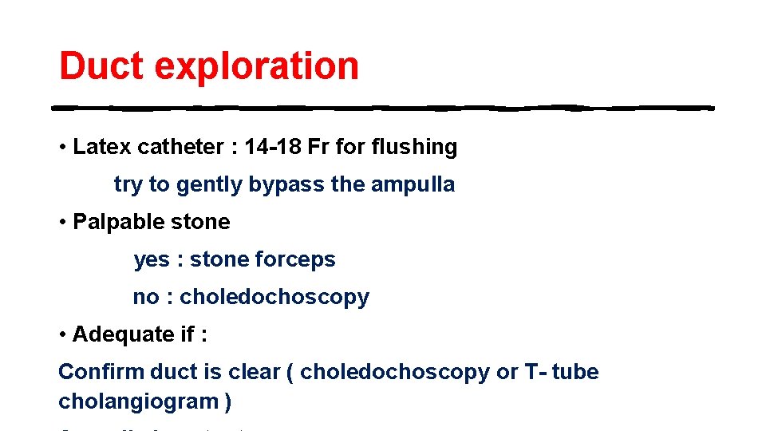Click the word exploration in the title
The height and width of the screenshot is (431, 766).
tap(256, 67)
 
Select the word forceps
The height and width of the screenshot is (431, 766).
tap(295, 259)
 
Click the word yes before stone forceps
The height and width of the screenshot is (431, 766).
tap(152, 260)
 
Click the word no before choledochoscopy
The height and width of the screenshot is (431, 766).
tap(146, 297)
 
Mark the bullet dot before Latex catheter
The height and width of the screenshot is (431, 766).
tap(62, 148)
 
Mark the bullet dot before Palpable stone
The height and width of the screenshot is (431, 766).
tap(62, 222)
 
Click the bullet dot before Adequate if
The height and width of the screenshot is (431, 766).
tap(62, 334)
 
